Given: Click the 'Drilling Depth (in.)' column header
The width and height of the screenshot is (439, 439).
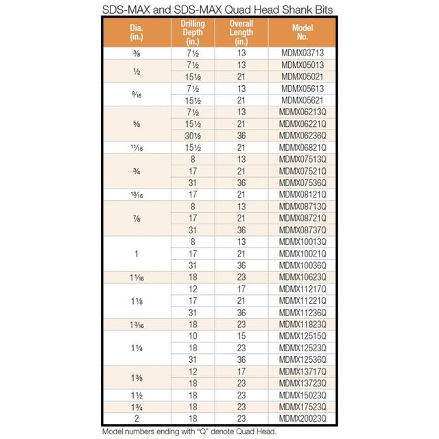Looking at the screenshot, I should (192, 32).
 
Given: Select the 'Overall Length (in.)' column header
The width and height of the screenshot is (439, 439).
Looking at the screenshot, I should (241, 32).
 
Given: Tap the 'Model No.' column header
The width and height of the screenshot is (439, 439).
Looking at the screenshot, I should (302, 32).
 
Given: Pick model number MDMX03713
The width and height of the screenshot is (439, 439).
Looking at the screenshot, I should (302, 53).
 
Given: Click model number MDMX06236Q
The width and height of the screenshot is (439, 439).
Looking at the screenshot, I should (302, 135).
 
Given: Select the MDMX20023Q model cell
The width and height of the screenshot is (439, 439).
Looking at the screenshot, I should (302, 418).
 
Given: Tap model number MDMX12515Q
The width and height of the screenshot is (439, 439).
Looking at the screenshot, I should (302, 335).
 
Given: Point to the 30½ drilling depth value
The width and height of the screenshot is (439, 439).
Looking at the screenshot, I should (192, 135).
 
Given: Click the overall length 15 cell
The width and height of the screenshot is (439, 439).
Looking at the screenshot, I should (241, 335).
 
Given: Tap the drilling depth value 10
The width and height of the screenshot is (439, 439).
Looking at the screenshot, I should (192, 335).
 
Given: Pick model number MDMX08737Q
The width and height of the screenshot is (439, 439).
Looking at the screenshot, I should (302, 230).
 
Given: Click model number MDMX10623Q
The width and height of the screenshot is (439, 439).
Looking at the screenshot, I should (302, 277).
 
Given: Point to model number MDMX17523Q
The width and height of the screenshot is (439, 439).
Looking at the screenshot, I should (302, 406).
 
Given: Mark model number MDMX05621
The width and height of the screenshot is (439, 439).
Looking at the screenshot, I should (302, 100).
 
